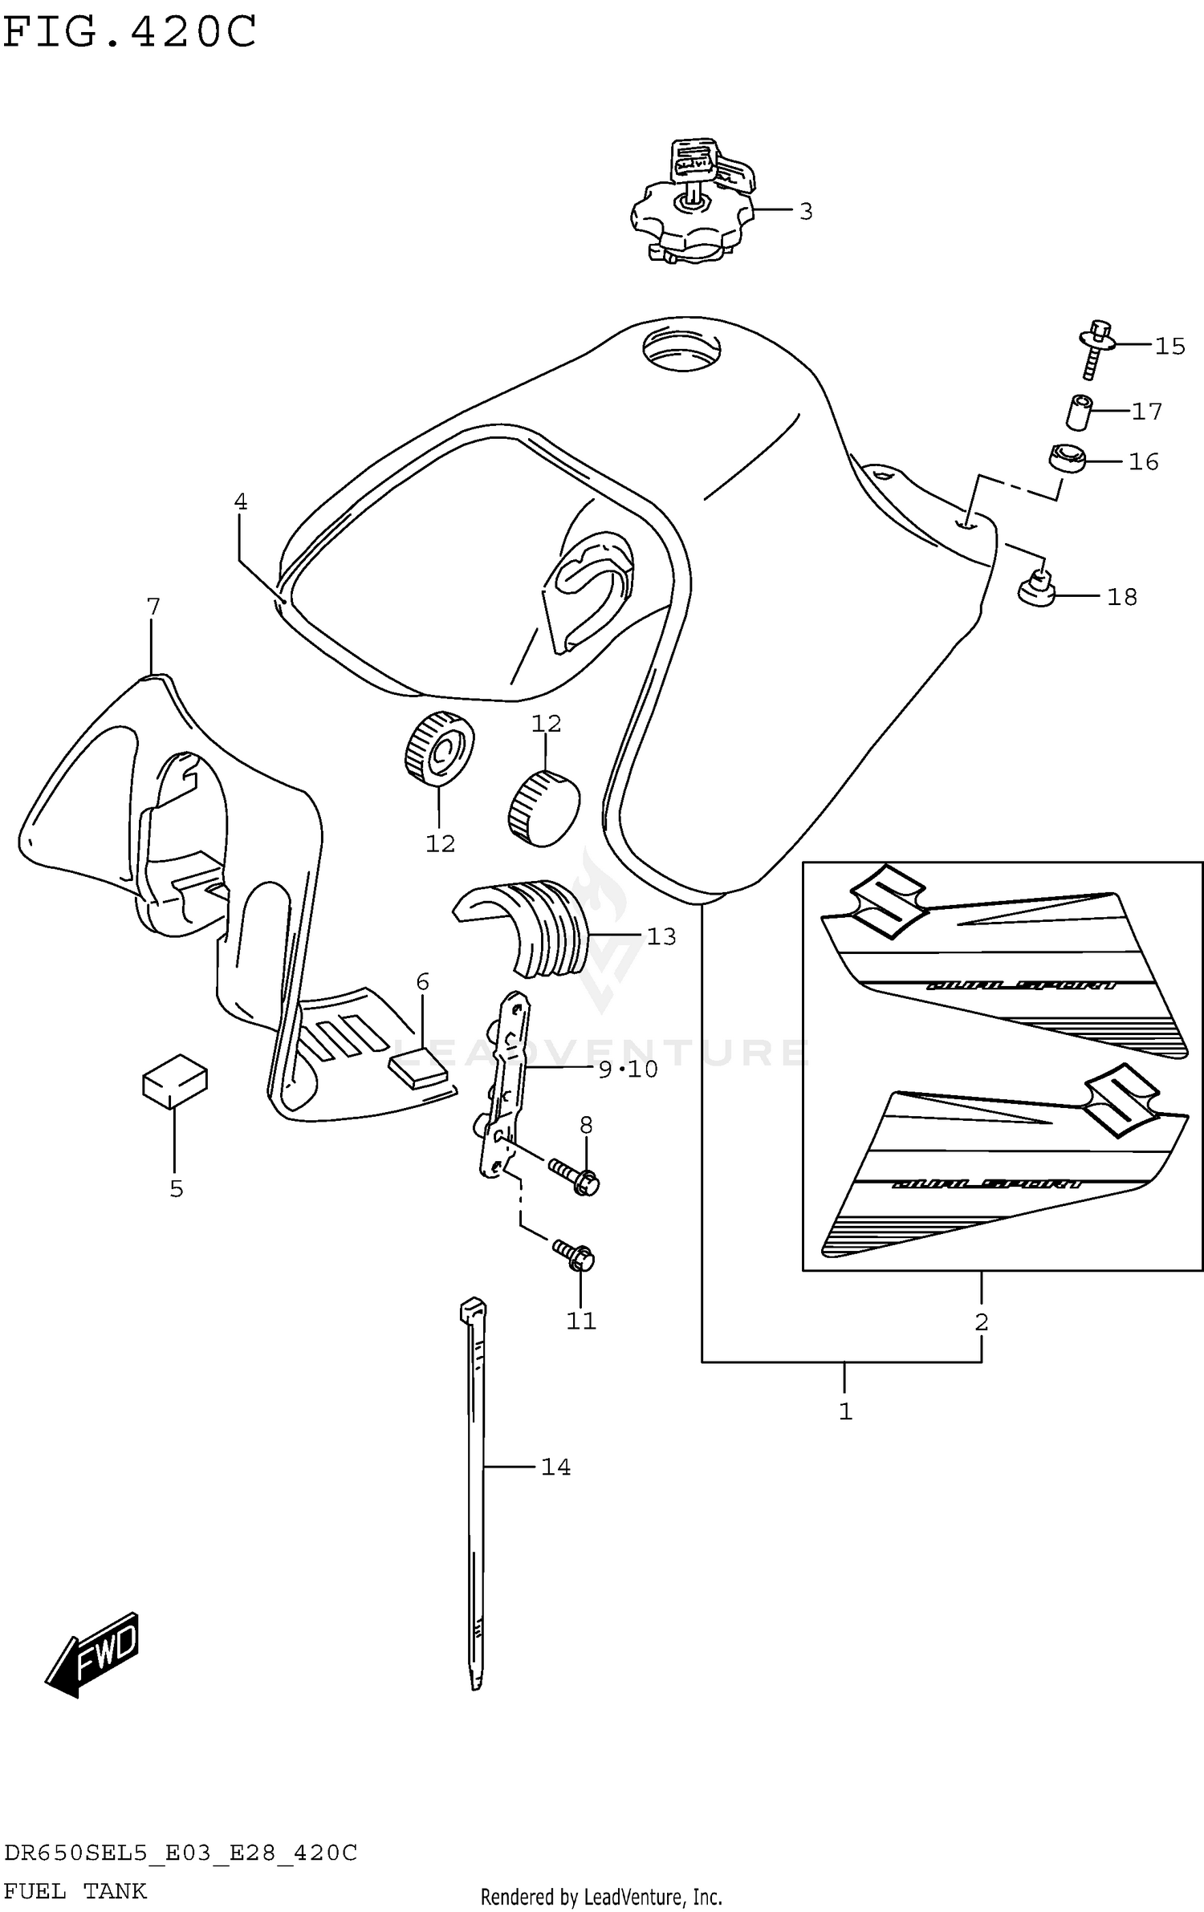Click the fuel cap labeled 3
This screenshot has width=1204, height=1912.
pyautogui.click(x=692, y=215)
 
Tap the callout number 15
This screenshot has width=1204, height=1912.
pyautogui.click(x=1169, y=346)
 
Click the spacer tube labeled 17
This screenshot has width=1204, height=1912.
pyautogui.click(x=1076, y=412)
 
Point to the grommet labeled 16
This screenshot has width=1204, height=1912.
pyautogui.click(x=1067, y=461)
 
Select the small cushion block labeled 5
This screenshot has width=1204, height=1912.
pyautogui.click(x=174, y=1081)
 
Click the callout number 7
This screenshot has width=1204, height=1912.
pyautogui.click(x=153, y=607)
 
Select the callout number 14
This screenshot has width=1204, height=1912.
pyautogui.click(x=555, y=1467)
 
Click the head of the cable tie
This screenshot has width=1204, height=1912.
pyautogui.click(x=473, y=1309)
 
